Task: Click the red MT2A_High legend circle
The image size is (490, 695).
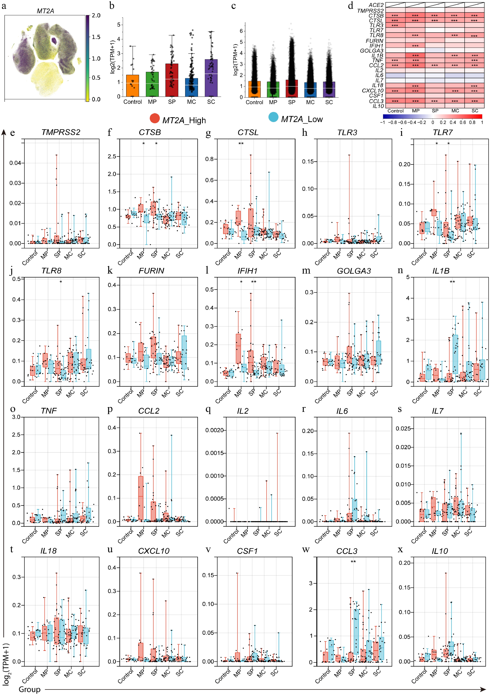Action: pos(155,118)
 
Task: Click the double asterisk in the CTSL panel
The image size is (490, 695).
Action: pos(241,144)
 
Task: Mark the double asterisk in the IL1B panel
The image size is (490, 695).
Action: pos(452,282)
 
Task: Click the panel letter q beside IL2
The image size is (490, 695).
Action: pos(208,409)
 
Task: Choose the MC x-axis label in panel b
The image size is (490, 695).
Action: pos(191,102)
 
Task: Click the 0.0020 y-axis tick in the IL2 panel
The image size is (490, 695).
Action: pos(214,430)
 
